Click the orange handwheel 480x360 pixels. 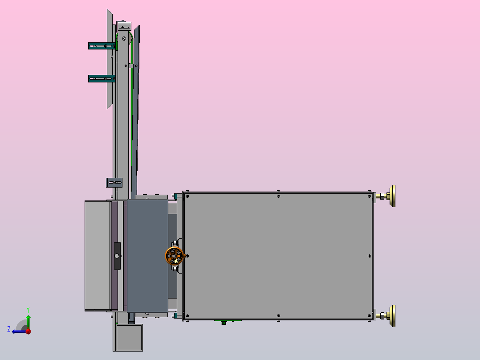pyautogui.click(x=174, y=256)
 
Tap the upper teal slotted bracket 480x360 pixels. pyautogui.click(x=102, y=46)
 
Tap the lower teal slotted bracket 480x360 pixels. pyautogui.click(x=102, y=79)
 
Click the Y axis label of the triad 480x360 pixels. pyautogui.click(x=28, y=310)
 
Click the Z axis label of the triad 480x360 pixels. pyautogui.click(x=9, y=329)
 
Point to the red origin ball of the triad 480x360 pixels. pyautogui.click(x=28, y=331)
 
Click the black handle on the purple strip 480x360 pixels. pyautogui.click(x=117, y=256)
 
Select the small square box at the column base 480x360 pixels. pyautogui.click(x=129, y=337)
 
